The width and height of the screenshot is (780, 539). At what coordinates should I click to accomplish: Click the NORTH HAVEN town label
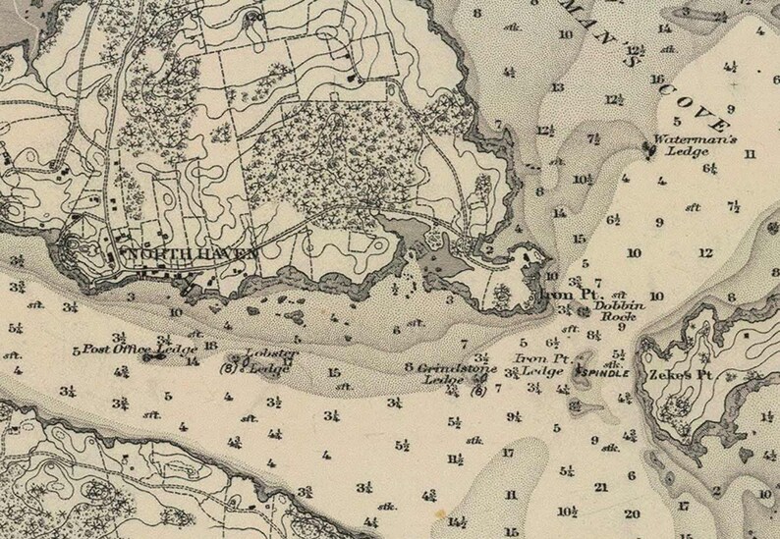coord(187,253)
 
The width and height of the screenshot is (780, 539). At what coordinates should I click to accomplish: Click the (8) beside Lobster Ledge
coord(227,369)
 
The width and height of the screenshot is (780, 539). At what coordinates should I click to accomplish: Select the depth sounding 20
coord(631,512)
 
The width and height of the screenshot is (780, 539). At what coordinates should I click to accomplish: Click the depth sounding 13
coord(557,88)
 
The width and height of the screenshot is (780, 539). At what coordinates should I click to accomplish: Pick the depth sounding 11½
coord(455,458)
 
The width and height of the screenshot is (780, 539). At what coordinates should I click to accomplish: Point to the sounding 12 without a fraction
coord(704,252)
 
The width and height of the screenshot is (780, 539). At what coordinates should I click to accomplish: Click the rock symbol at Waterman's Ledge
coord(648,147)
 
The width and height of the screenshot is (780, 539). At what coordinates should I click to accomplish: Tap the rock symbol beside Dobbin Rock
coord(585,312)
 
